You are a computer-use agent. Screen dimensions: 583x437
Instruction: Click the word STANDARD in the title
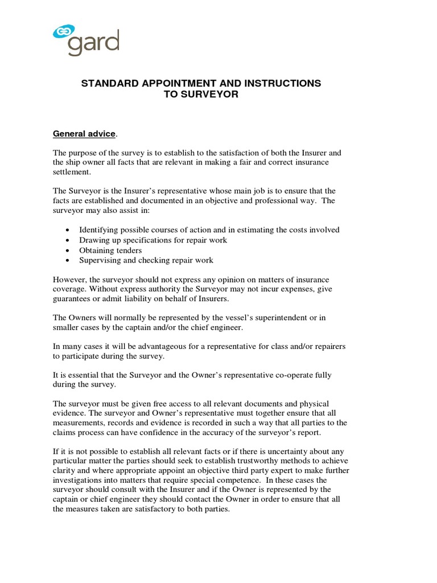(x=110, y=84)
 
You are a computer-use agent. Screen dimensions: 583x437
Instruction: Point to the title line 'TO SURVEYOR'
(x=201, y=95)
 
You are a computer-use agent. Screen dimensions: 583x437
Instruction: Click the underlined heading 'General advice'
(x=84, y=134)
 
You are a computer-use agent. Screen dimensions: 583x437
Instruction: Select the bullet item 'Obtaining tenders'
(x=110, y=250)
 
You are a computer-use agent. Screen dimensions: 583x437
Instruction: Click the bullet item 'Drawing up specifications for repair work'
(x=153, y=240)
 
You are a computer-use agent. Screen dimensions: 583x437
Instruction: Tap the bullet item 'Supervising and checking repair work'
(x=146, y=260)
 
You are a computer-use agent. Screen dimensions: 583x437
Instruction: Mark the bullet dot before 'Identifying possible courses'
(x=68, y=230)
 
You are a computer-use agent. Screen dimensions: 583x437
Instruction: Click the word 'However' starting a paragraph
(x=70, y=280)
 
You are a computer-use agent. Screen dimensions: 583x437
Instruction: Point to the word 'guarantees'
(x=73, y=299)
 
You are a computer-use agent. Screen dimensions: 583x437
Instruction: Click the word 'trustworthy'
(x=269, y=461)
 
